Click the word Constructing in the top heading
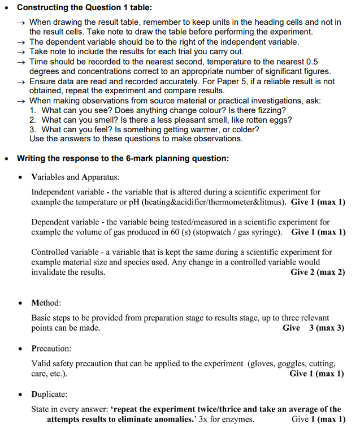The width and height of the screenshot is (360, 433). (43, 8)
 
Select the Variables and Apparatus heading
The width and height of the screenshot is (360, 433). (75, 177)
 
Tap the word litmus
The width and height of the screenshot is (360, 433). (272, 202)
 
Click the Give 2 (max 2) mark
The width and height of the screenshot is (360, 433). (318, 272)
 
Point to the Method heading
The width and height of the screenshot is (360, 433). (46, 303)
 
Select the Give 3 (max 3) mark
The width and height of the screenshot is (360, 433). (314, 328)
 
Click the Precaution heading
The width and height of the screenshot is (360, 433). (51, 348)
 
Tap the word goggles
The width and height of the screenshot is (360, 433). (293, 363)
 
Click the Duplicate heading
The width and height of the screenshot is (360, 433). (50, 394)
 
